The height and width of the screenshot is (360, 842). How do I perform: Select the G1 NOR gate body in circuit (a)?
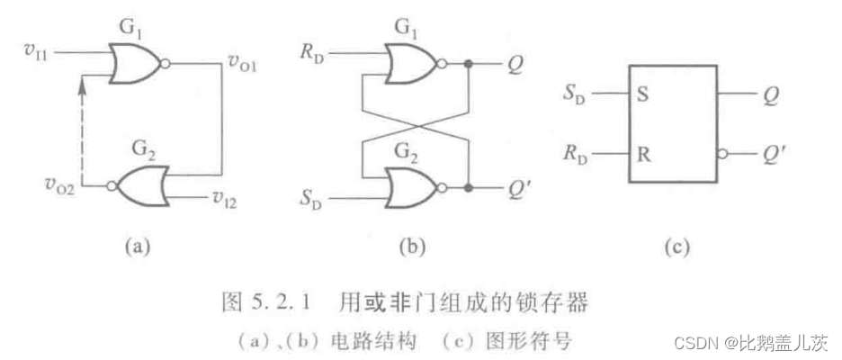(133, 64)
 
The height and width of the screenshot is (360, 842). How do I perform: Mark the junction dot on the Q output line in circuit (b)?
(469, 64)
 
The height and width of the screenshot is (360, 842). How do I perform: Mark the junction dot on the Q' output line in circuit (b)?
(469, 188)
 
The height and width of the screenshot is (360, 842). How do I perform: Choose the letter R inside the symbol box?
(642, 154)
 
